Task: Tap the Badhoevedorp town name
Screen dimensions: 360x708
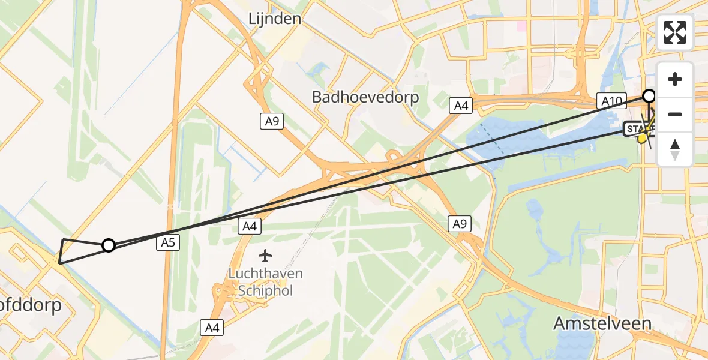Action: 365,97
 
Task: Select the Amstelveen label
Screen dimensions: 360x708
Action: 602,323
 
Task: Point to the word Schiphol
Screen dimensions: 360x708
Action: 265,290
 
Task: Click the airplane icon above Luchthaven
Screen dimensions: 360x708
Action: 265,256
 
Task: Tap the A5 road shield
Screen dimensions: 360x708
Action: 167,242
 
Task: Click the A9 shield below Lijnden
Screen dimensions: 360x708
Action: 272,121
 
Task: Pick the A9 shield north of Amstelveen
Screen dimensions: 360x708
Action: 459,224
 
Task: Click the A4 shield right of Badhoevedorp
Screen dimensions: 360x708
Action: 460,106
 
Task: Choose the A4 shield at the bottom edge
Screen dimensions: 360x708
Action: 211,328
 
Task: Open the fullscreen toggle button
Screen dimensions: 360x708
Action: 675,32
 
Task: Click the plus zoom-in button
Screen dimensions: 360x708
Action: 675,79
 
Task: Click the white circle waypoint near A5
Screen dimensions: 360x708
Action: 109,245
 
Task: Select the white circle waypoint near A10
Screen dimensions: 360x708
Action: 649,96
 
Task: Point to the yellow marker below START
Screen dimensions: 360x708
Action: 642,139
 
